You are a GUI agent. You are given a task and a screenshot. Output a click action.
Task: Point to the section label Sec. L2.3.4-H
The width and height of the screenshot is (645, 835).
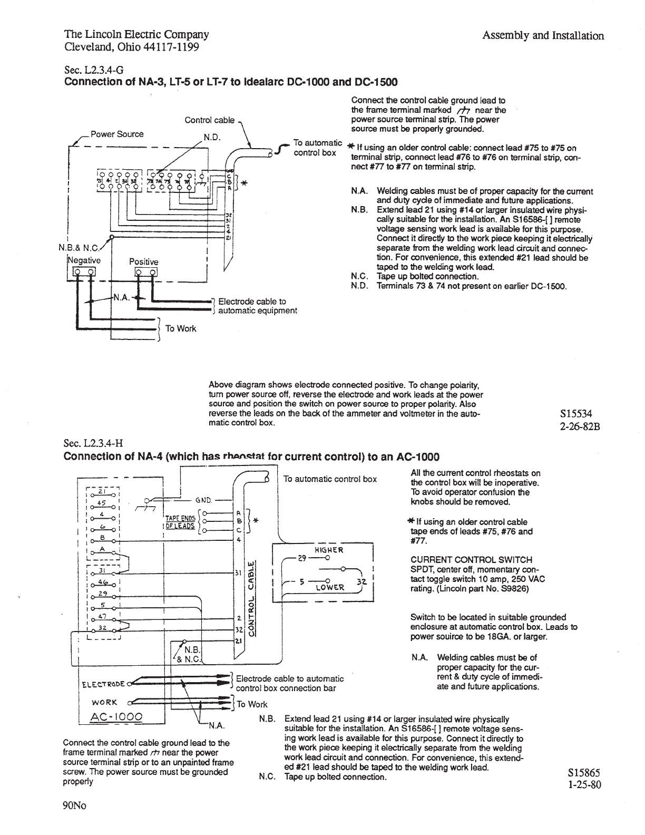click(x=94, y=443)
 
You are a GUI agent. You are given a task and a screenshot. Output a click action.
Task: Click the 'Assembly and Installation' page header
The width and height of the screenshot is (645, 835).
click(x=543, y=36)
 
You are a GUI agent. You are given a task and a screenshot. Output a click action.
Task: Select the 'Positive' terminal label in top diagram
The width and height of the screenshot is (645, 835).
click(x=144, y=262)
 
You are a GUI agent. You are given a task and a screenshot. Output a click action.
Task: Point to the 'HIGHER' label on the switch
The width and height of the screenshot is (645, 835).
click(x=328, y=550)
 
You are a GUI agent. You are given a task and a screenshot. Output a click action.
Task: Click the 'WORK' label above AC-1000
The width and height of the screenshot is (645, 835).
click(x=104, y=702)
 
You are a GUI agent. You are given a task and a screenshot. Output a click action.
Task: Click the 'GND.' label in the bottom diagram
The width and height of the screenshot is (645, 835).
click(x=203, y=500)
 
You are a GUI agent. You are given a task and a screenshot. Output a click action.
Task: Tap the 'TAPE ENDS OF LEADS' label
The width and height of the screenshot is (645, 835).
click(x=180, y=522)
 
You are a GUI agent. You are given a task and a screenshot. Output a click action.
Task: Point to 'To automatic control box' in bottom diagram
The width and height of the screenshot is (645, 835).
click(x=330, y=479)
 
